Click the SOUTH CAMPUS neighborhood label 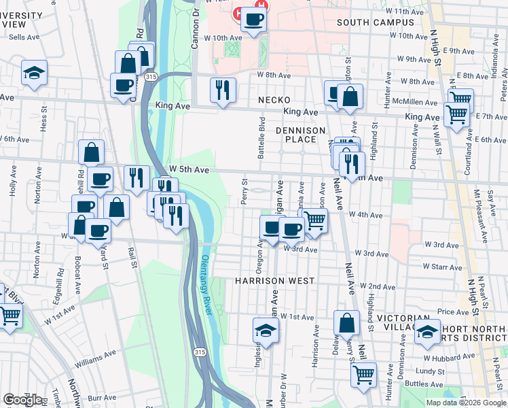(375, 22)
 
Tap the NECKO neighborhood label (274, 100)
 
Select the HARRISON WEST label (274, 281)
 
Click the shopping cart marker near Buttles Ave (363, 373)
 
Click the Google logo (22, 400)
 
